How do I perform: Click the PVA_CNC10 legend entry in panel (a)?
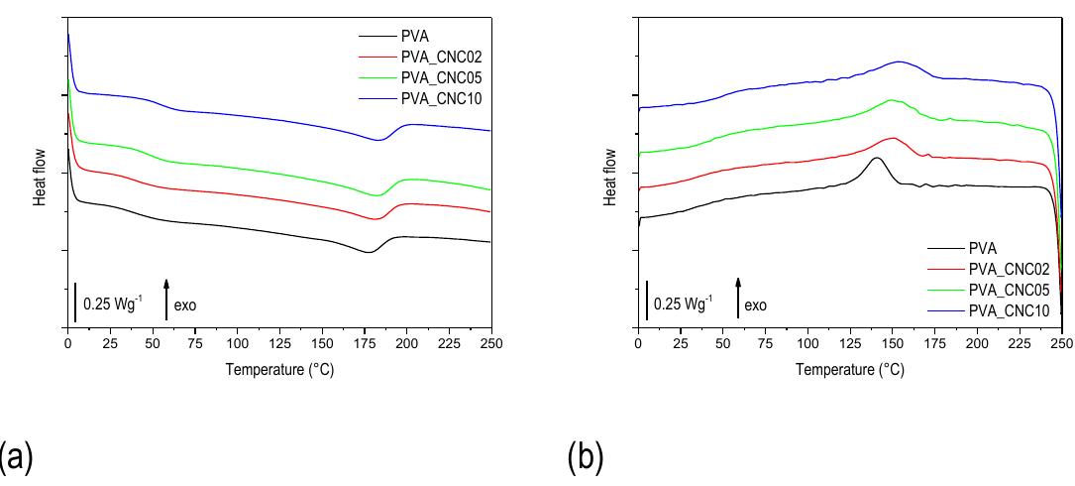click(441, 97)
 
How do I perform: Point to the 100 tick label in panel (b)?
click(807, 342)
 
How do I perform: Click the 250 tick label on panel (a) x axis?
click(491, 342)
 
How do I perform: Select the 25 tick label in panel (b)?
click(681, 342)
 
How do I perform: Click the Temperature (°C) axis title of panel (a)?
click(279, 370)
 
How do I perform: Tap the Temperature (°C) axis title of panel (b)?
click(850, 370)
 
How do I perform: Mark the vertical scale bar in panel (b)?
click(647, 301)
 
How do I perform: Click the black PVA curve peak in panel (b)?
click(876, 158)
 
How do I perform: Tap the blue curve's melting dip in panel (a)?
click(377, 140)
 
